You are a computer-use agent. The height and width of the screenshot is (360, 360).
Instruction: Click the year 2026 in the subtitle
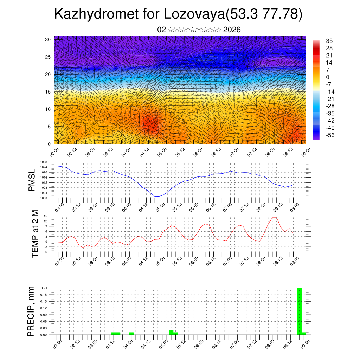pyautogui.click(x=232, y=30)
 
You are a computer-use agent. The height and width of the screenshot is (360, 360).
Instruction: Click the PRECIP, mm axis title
pyautogui.click(x=32, y=311)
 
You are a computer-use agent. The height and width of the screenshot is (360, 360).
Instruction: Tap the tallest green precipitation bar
pyautogui.click(x=300, y=311)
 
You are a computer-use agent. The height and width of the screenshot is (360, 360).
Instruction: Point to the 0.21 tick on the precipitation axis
pyautogui.click(x=44, y=288)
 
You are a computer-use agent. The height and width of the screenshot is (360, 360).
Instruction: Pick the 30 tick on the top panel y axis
pyautogui.click(x=48, y=39)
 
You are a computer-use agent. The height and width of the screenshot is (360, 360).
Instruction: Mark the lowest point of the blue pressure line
pyautogui.click(x=157, y=196)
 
